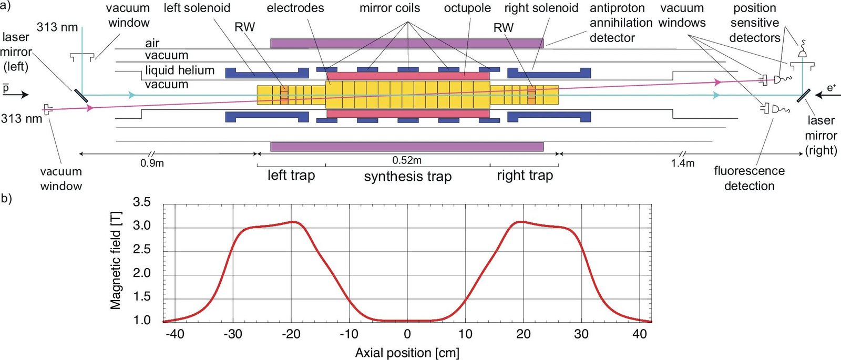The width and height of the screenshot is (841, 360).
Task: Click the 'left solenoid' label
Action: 197,8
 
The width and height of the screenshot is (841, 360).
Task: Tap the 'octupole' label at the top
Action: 467,8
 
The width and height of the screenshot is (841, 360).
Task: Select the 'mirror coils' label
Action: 389,8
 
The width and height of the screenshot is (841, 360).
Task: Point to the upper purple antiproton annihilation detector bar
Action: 407,43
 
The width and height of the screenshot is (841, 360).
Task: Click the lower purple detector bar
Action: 407,147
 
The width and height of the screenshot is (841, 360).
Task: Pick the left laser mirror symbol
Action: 81,95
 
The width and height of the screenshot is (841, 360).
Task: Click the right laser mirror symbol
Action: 803,96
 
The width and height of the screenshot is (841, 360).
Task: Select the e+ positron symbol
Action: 832,87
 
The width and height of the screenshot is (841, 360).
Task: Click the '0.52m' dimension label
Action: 407,160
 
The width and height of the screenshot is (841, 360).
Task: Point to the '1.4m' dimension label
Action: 682,163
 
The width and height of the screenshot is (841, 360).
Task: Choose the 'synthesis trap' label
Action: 408,177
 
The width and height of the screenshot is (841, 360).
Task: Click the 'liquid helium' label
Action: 180,70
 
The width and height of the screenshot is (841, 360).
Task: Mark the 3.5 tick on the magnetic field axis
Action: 141,202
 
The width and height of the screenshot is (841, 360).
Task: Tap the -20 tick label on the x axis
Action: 291,334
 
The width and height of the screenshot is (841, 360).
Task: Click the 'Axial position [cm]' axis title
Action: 407,352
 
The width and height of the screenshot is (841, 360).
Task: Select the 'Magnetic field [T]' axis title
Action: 116,261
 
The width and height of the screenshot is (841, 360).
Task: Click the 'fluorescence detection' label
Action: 749,178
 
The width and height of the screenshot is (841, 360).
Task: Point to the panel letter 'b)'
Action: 6,198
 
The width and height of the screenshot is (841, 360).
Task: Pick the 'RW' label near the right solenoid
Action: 503,28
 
